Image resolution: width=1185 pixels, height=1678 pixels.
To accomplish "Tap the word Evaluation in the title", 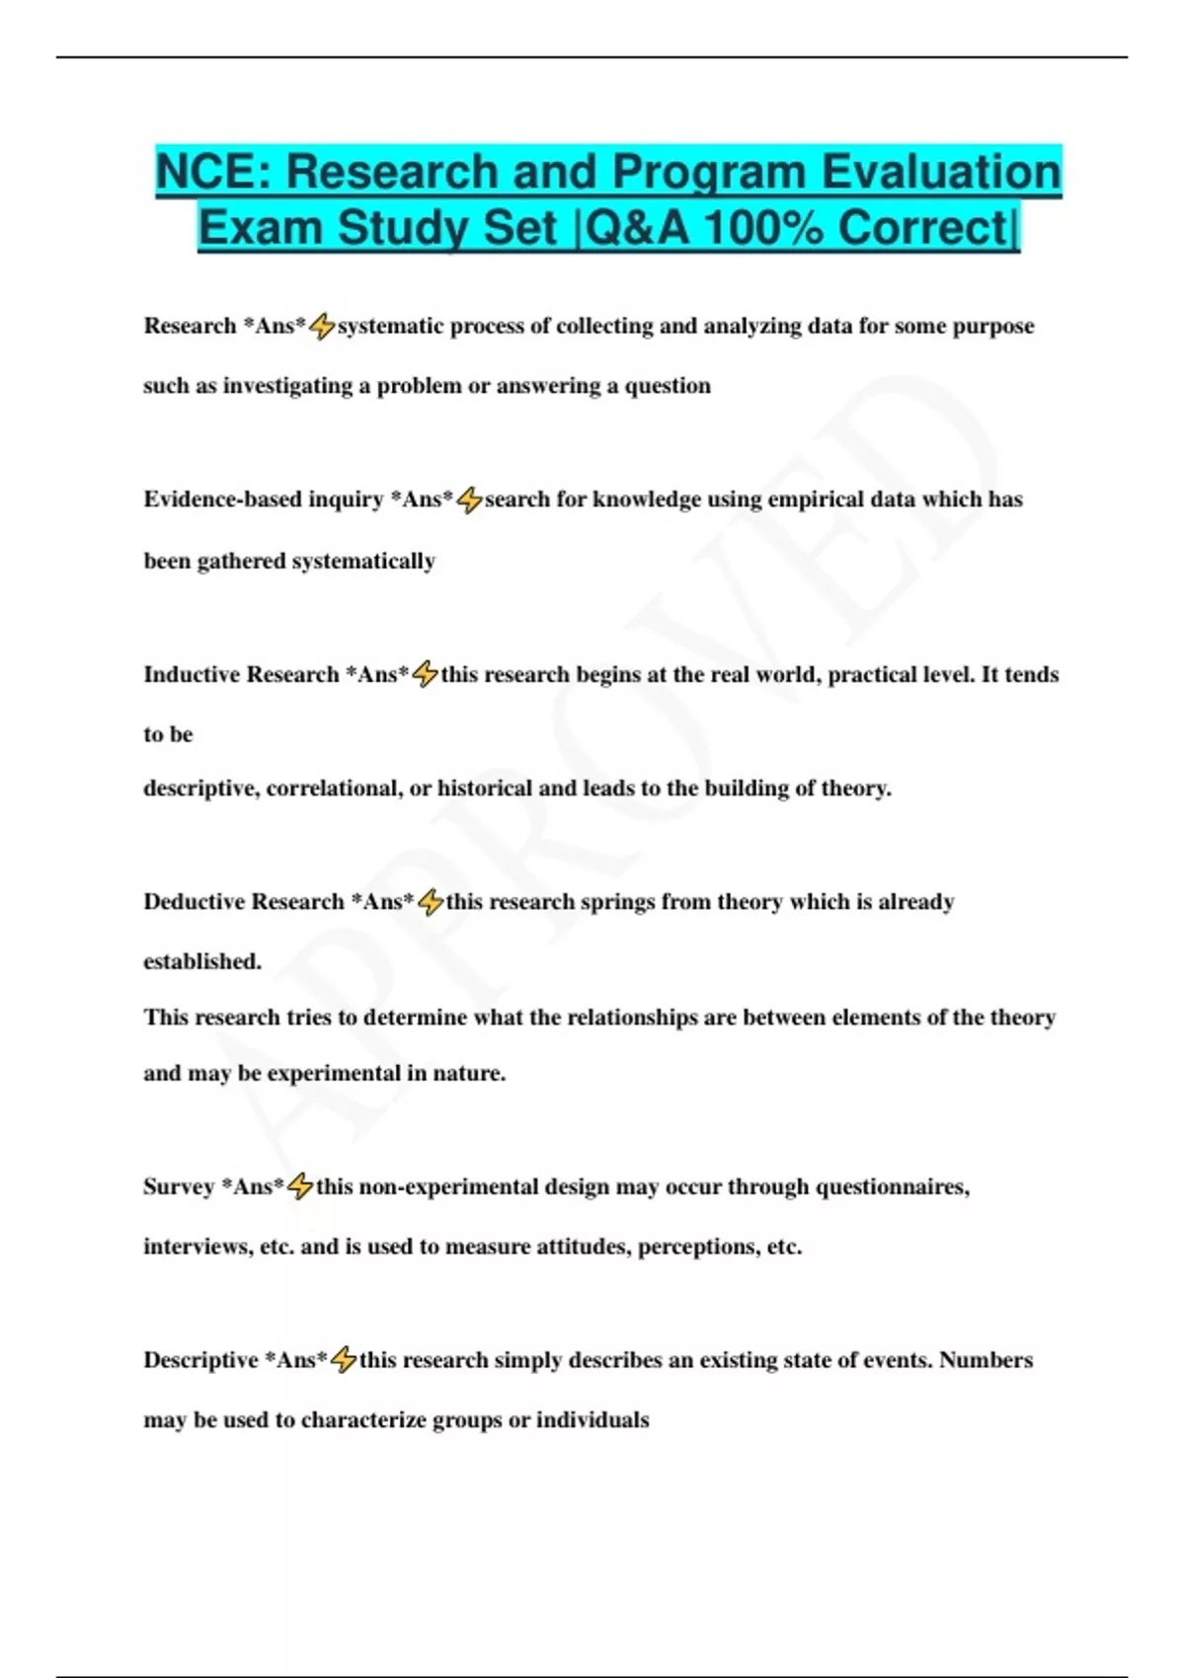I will [x=941, y=172].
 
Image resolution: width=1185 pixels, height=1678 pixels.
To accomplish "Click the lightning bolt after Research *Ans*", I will [x=322, y=327].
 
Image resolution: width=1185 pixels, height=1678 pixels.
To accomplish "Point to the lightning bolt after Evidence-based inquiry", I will [x=469, y=500].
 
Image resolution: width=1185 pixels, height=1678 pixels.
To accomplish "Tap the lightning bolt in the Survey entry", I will [x=300, y=1186].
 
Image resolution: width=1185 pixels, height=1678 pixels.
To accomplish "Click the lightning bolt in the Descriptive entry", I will [x=343, y=1360].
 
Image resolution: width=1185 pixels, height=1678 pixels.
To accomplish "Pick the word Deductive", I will [x=195, y=901].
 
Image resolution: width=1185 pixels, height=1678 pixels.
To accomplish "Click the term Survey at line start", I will [x=179, y=1186].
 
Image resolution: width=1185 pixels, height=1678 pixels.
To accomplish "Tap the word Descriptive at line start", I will [x=201, y=1360].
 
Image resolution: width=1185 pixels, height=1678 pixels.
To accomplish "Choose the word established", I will [x=202, y=961].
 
